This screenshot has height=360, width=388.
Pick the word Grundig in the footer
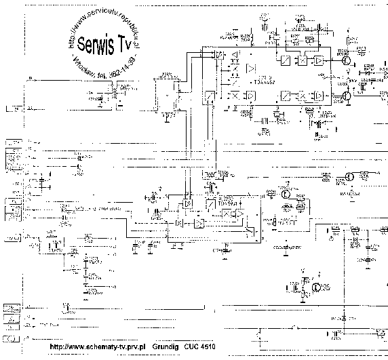(x=168, y=347)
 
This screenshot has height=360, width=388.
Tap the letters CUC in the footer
(x=193, y=347)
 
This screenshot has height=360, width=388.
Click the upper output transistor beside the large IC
(x=345, y=61)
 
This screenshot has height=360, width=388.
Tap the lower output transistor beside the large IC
(x=345, y=96)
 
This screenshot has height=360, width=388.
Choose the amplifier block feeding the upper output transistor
(x=318, y=60)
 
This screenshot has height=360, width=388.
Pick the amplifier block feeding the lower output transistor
(x=318, y=96)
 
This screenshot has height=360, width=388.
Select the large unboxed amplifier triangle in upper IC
(x=251, y=68)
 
